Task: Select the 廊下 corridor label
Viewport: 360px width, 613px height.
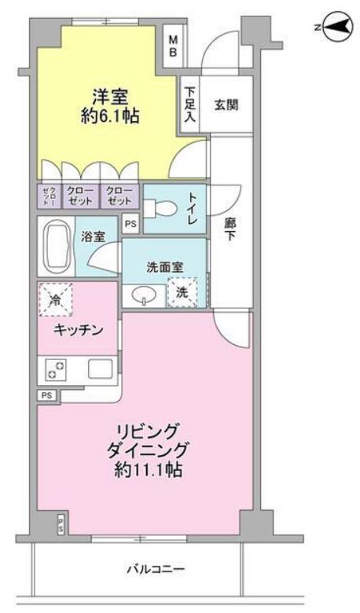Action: [230, 229]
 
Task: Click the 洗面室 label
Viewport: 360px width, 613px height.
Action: [164, 267]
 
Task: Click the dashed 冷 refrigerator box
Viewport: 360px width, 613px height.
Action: [55, 299]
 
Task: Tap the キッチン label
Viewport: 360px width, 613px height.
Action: [79, 331]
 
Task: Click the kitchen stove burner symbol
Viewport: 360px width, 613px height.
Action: [57, 369]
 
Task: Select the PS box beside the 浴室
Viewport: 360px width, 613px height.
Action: [130, 224]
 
